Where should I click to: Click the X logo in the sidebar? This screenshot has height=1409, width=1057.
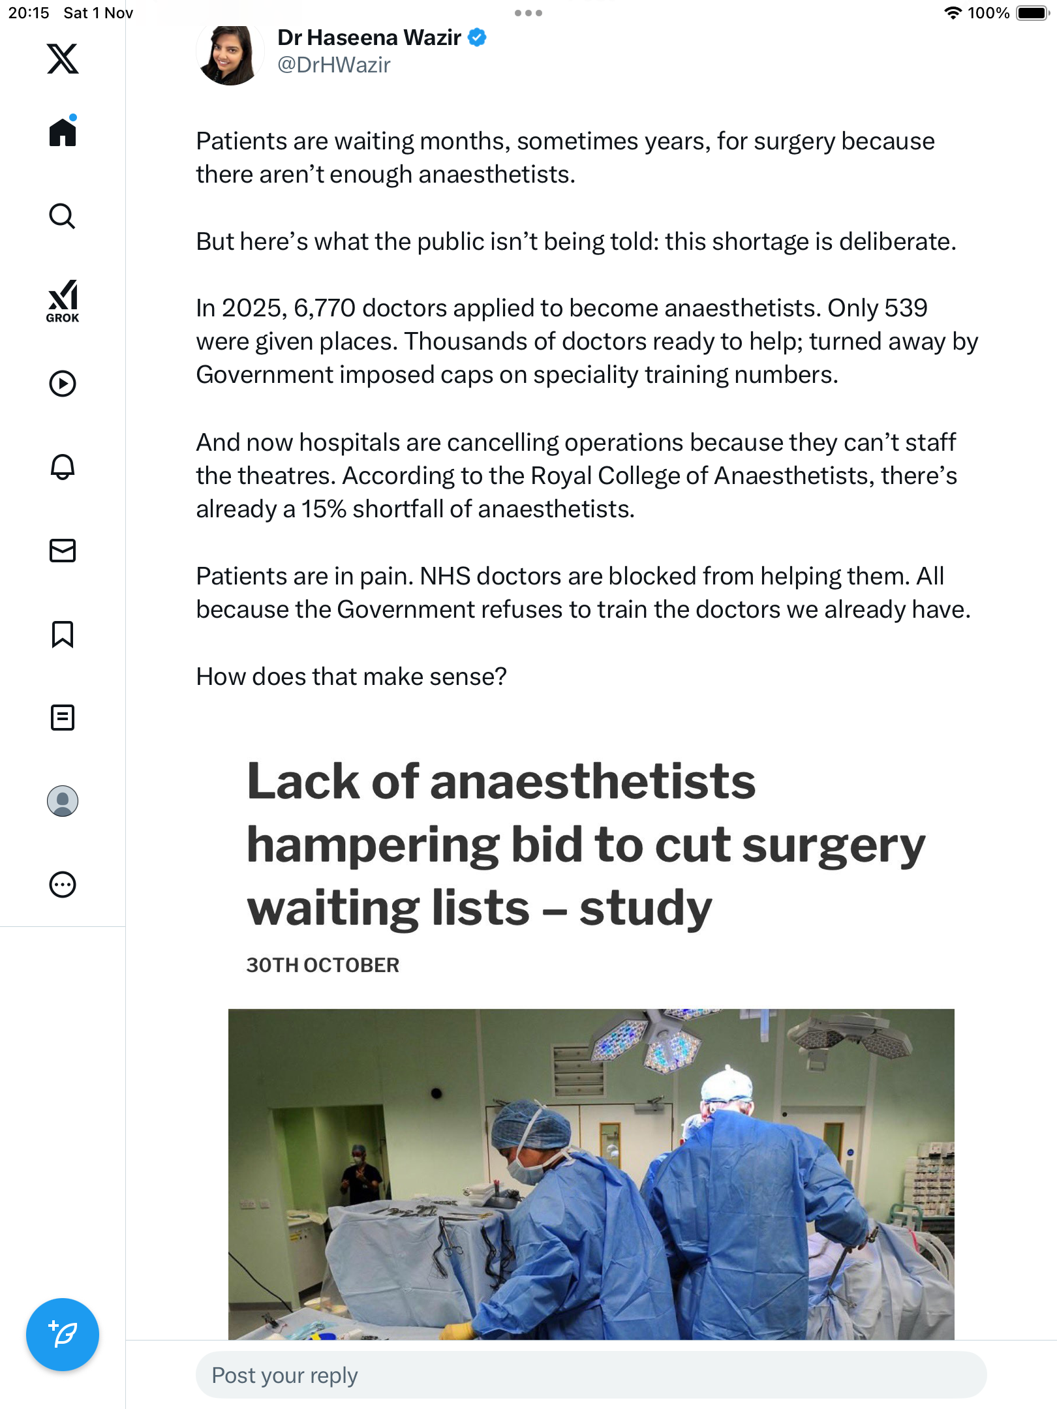[x=63, y=59]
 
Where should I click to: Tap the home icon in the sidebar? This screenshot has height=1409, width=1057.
[x=63, y=132]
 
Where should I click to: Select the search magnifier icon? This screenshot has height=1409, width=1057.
[x=63, y=216]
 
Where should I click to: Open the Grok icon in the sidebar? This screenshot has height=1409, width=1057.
[x=63, y=300]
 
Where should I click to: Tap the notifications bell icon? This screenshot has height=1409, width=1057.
[x=63, y=467]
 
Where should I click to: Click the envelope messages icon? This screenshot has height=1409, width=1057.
[x=63, y=551]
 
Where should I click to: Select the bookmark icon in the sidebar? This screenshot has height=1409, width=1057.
[x=63, y=634]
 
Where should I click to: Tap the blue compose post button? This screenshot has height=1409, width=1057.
[x=63, y=1334]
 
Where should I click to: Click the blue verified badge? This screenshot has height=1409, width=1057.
[x=478, y=38]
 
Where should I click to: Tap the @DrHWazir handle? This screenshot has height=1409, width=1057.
[x=333, y=65]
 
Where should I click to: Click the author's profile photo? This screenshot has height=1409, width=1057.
[x=230, y=53]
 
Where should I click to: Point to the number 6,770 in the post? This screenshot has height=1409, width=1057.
[x=324, y=308]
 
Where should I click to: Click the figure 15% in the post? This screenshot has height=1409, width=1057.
[x=324, y=509]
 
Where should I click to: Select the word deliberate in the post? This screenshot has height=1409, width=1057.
[x=897, y=241]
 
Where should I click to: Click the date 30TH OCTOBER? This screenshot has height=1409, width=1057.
[x=322, y=965]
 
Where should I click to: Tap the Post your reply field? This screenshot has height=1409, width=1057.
[x=590, y=1375]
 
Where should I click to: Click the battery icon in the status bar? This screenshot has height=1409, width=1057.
[x=1032, y=13]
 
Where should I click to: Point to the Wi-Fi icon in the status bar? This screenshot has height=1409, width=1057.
[x=953, y=13]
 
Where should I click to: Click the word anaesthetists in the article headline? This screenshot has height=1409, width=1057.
[x=592, y=781]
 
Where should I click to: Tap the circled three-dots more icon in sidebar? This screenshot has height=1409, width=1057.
[x=63, y=885]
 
